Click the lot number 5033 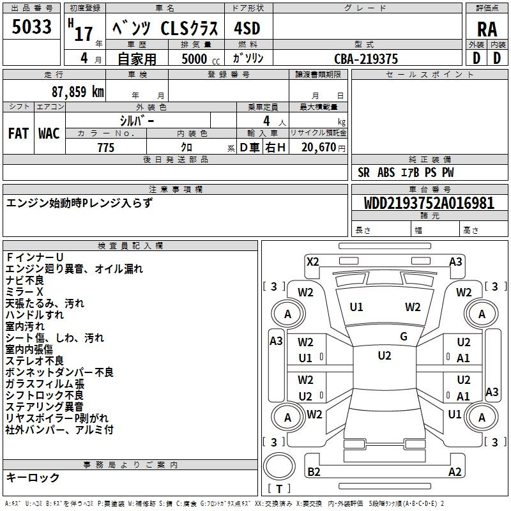coord(31,27)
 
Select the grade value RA coord(487,29)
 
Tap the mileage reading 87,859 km coord(78,92)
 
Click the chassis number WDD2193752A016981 coord(429,203)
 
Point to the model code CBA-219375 coord(366,59)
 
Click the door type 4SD coord(247,28)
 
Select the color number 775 coord(106,148)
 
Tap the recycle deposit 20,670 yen coord(323,148)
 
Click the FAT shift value coord(19,133)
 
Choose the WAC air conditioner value coord(49,133)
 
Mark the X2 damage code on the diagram coord(313,262)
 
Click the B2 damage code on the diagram coord(314,471)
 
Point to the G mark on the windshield coord(404,337)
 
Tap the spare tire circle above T coord(279,466)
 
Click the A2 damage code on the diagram coord(455,471)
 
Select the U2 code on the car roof coord(385,356)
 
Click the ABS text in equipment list coord(386,172)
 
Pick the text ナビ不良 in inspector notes coord(25,280)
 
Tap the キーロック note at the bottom coord(33,477)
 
